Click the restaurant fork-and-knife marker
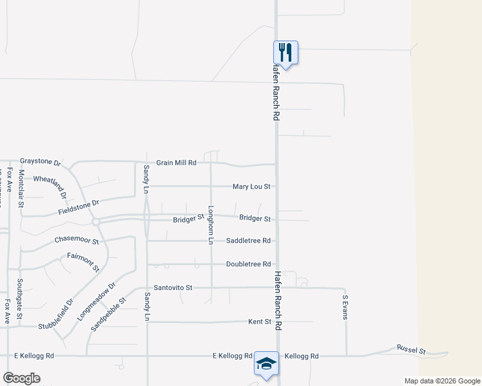(285, 52)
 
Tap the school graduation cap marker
(266, 363)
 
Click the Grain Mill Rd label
(177, 163)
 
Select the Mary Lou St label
(251, 187)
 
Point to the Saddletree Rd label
(248, 241)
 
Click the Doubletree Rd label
(248, 264)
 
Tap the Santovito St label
(173, 288)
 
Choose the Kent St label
(259, 321)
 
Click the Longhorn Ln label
(210, 225)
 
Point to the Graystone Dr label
(40, 161)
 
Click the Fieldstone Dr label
(78, 207)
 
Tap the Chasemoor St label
(77, 241)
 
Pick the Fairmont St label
(83, 262)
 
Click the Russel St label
(411, 349)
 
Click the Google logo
(21, 378)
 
